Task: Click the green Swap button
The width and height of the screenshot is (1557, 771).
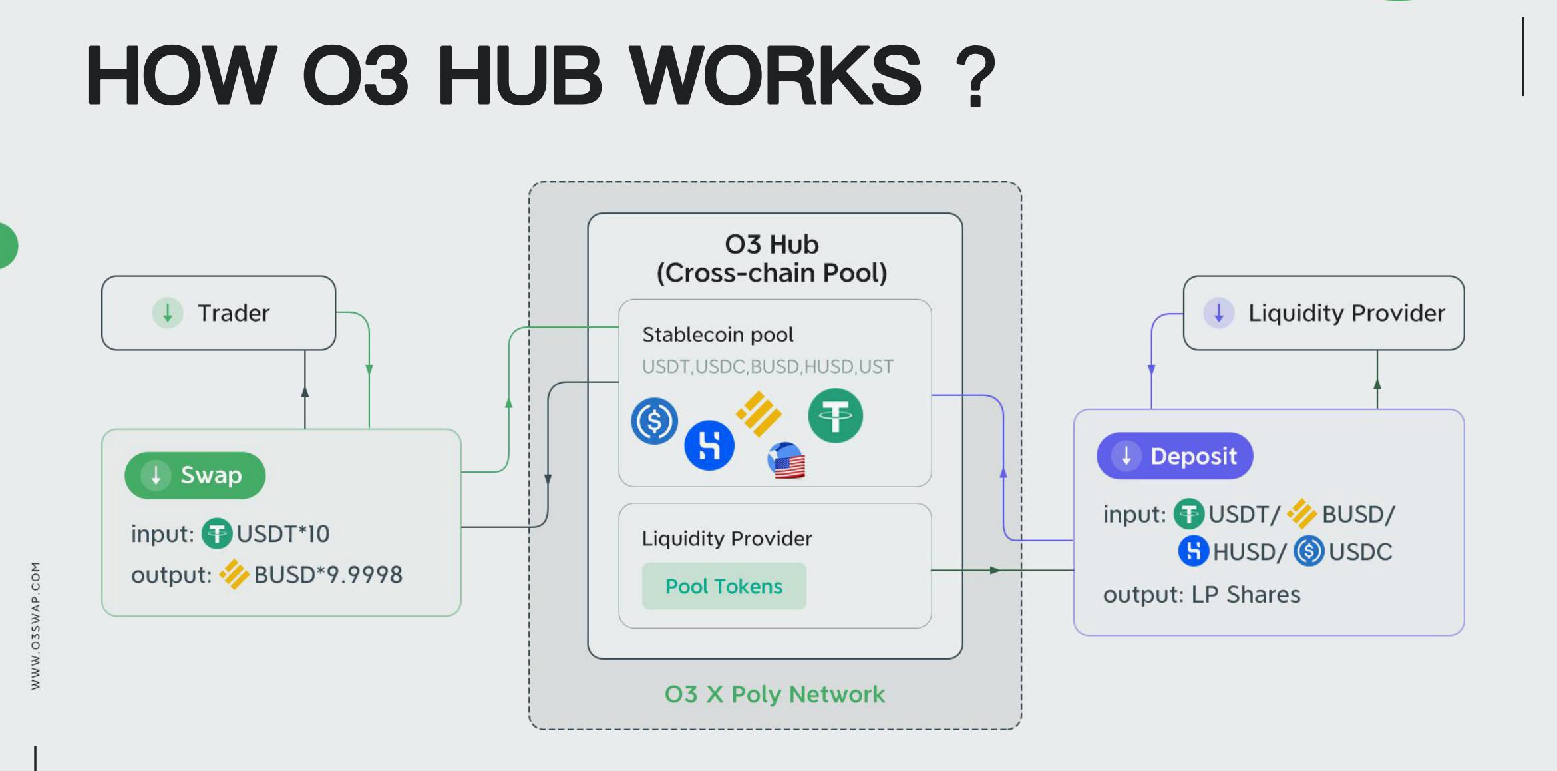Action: coord(195,475)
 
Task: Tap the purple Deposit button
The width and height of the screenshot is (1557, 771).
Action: coord(1174,456)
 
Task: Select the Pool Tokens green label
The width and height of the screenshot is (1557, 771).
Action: coord(724,586)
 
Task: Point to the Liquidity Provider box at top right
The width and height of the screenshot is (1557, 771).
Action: coord(1323,313)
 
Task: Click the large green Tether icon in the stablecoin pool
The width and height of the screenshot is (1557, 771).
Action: coord(835,416)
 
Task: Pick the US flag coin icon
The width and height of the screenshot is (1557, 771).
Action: coord(786,461)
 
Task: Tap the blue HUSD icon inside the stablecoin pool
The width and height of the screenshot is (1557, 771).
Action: coord(709,445)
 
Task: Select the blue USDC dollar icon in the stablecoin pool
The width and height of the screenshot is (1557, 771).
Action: coord(654,421)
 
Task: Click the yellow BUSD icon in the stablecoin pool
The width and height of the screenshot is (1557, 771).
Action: coord(759,413)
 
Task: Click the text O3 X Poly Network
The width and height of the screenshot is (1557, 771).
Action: coord(775,694)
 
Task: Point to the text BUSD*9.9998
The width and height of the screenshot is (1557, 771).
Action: coord(328,575)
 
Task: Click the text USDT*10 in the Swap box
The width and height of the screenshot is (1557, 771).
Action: coord(283,534)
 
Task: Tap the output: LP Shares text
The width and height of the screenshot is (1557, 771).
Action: coord(1201,595)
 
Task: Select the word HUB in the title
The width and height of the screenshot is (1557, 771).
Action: coord(519,75)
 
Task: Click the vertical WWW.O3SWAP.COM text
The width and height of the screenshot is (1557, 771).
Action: coord(36,626)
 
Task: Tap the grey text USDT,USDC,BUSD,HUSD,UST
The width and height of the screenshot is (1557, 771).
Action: coord(767,367)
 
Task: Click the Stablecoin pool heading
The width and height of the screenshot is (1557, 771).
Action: coord(717,334)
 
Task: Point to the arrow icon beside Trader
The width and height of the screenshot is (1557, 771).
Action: coord(168,313)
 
